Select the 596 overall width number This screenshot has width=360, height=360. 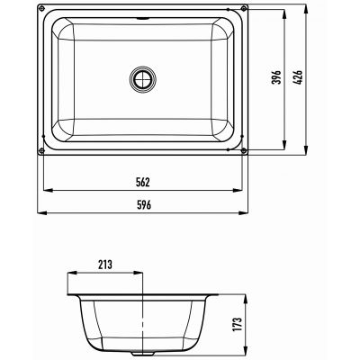click(x=143, y=205)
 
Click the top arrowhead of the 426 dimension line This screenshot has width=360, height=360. click(x=310, y=8)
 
